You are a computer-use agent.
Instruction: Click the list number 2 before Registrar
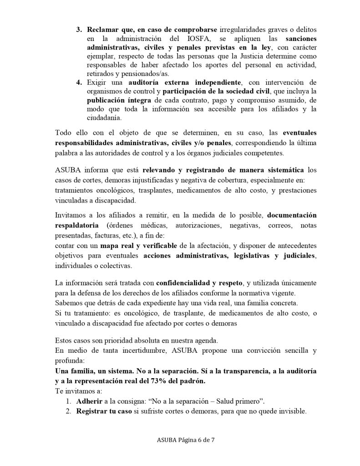click(69, 410)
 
